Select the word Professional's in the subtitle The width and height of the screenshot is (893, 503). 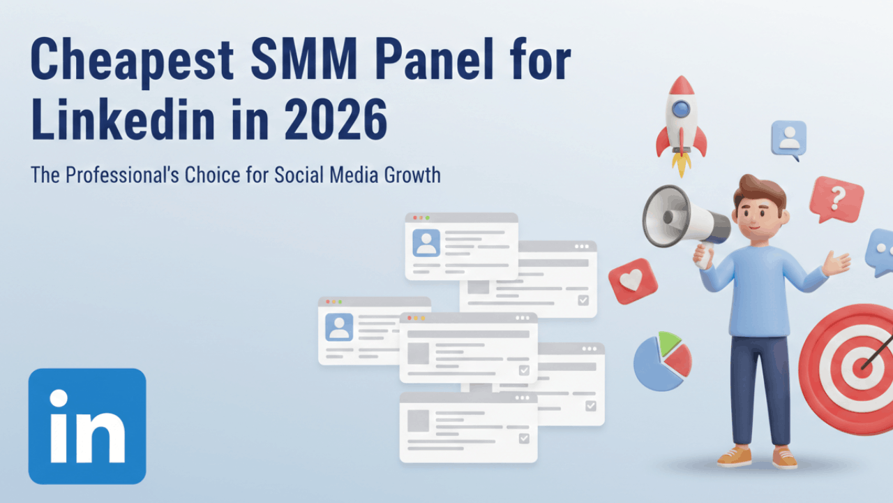pyautogui.click(x=123, y=174)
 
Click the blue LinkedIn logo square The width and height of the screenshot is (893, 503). pyautogui.click(x=87, y=426)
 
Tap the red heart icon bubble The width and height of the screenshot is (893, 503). pyautogui.click(x=633, y=281)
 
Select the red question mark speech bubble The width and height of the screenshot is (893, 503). pyautogui.click(x=836, y=199)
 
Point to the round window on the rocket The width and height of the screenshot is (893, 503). pyautogui.click(x=681, y=108)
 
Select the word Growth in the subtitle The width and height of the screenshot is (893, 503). pyautogui.click(x=412, y=174)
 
